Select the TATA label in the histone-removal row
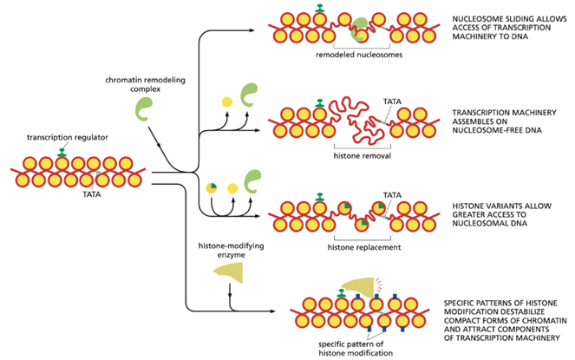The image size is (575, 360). point(391,101)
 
